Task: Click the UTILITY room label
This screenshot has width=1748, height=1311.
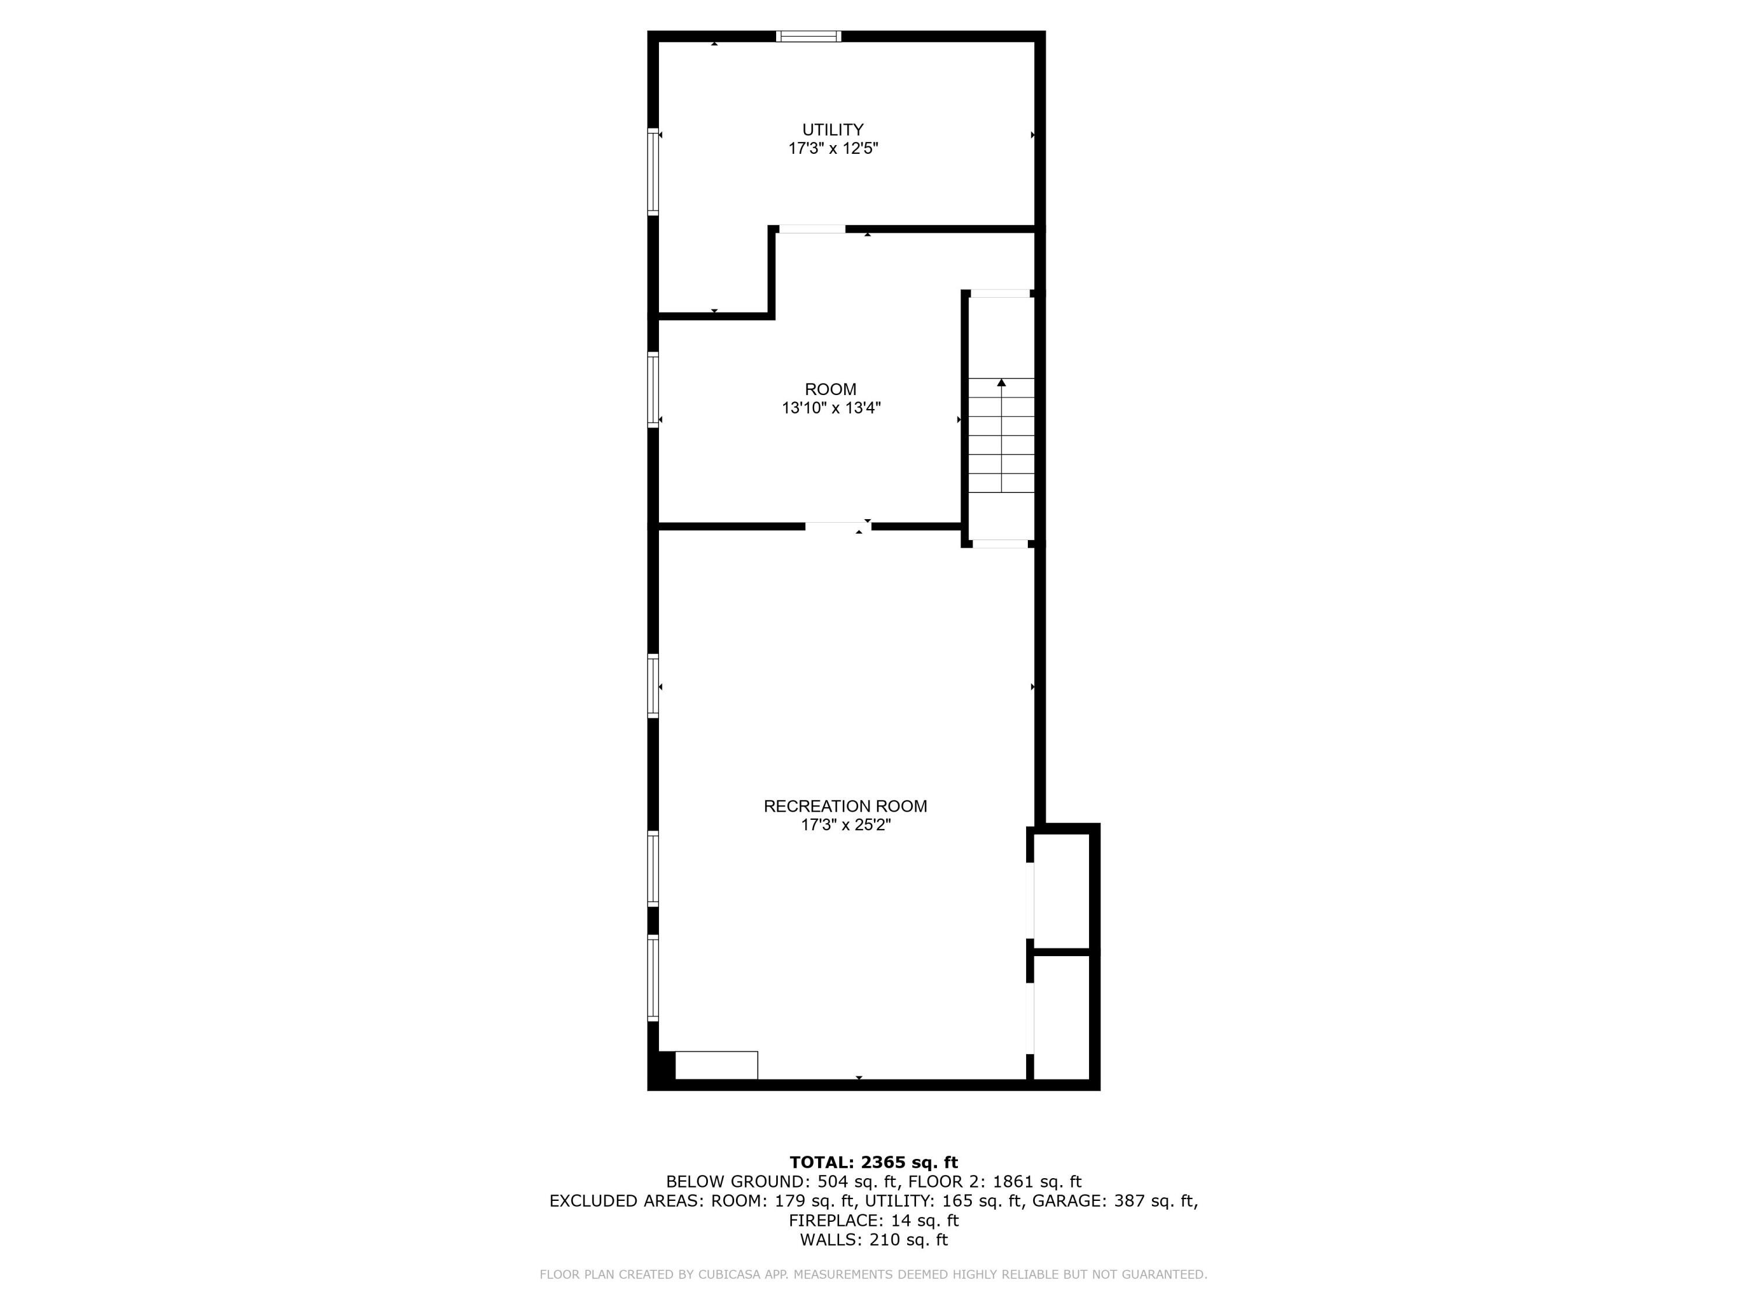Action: (x=833, y=129)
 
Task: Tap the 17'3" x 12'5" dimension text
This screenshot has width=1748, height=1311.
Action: (x=833, y=149)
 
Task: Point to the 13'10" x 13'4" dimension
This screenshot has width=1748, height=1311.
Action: (x=830, y=408)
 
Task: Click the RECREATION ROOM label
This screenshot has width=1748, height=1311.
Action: (x=845, y=806)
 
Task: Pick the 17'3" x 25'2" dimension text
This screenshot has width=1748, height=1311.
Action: (x=845, y=825)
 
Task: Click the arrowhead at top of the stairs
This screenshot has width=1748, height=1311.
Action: (x=1001, y=382)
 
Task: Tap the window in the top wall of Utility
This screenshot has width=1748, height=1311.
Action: (x=808, y=36)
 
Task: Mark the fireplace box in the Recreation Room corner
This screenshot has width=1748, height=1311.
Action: (x=716, y=1065)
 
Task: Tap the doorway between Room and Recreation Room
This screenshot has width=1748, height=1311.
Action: (x=838, y=526)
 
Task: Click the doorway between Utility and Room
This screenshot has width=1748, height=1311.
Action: (x=812, y=229)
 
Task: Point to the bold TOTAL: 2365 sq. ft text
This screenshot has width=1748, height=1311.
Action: (x=873, y=1162)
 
